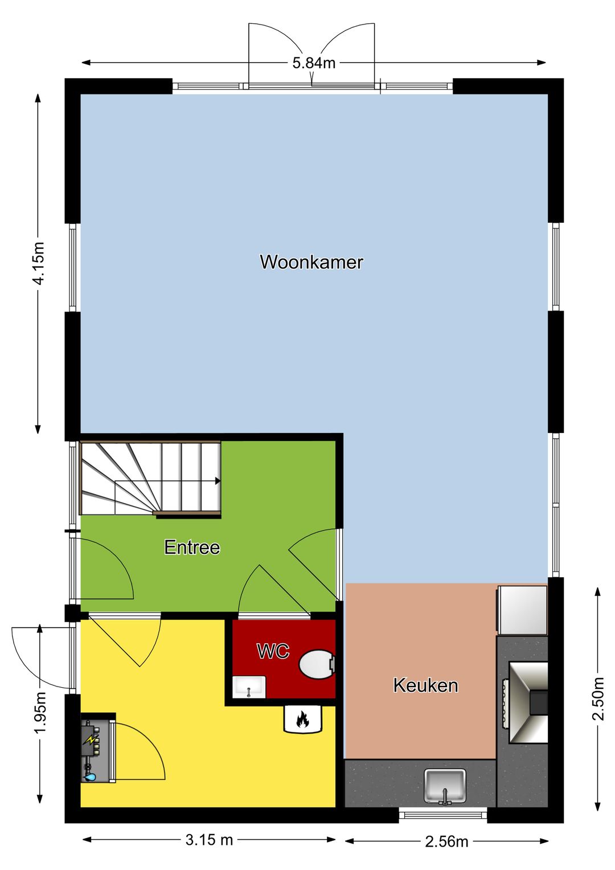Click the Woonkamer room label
[311, 262]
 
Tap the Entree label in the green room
[192, 548]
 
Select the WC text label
[273, 651]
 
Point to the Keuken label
[425, 685]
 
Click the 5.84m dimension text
[314, 63]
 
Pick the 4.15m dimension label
[38, 263]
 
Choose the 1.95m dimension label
[40, 713]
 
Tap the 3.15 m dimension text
[209, 839]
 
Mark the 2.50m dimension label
[598, 699]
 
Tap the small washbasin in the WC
[249, 687]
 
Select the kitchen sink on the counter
[445, 785]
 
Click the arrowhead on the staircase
[218, 481]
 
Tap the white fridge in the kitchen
[522, 610]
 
